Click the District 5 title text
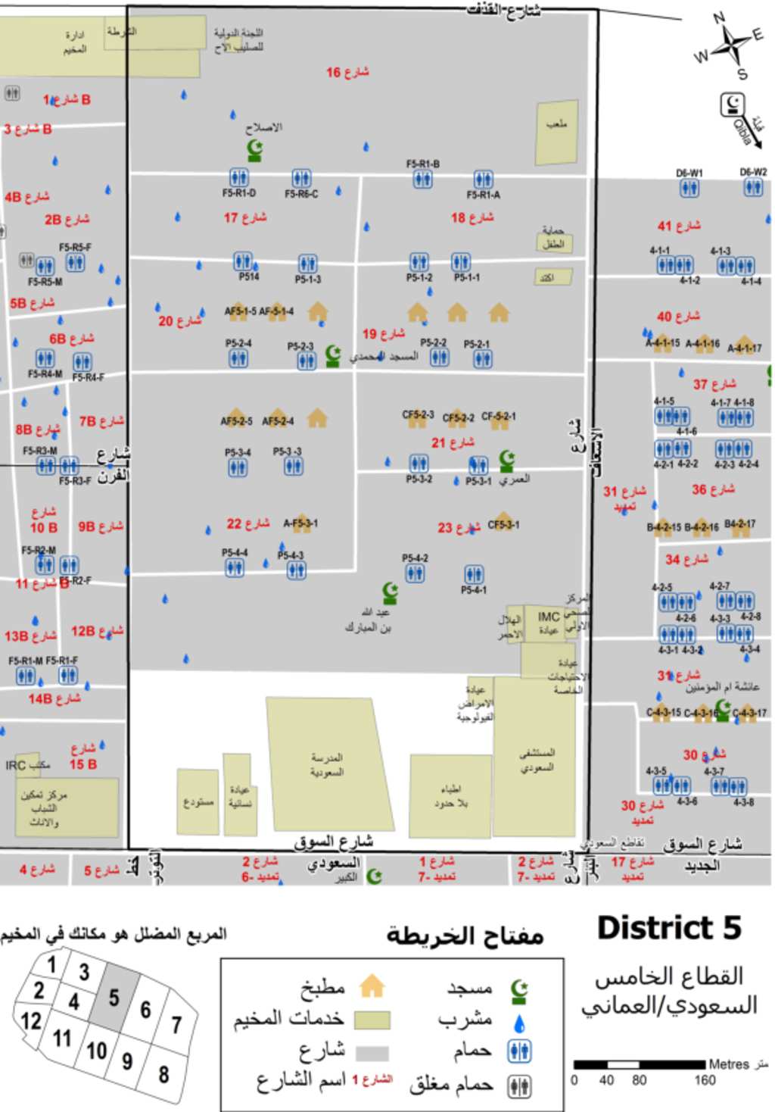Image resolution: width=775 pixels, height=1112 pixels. point(669,928)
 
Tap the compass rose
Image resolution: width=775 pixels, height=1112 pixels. point(730,45)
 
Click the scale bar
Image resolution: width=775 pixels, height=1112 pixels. point(639,1064)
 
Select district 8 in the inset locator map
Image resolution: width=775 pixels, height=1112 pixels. point(163,1073)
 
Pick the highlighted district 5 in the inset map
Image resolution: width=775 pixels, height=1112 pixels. point(114,998)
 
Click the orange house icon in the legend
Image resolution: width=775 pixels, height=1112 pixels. point(372,986)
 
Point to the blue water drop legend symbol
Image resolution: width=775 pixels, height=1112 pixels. point(518,1023)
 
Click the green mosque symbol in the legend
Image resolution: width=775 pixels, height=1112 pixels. point(518,989)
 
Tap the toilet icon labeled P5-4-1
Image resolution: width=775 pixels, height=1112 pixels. point(475,574)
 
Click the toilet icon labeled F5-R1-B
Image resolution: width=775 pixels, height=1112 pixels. point(423,179)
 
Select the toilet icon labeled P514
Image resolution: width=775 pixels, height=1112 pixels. point(242,261)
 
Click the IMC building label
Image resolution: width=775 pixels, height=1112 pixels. point(549,617)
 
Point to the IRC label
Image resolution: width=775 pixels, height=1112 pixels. point(16,765)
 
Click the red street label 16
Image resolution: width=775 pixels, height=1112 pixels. point(347,72)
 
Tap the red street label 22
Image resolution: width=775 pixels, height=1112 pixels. point(247,523)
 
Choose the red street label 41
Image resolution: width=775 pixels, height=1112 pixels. point(678,225)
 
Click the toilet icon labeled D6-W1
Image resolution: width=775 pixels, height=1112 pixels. point(689,188)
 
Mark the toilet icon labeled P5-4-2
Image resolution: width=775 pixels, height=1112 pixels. point(415,573)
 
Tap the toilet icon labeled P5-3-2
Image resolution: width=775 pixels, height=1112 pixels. point(419,463)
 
